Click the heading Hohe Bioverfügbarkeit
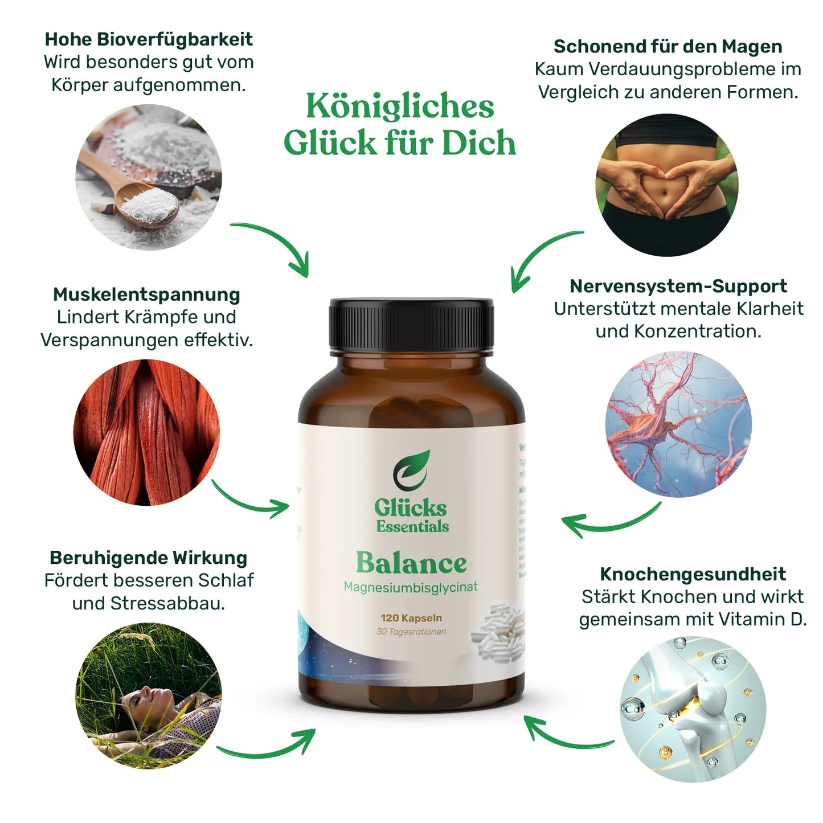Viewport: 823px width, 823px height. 149,39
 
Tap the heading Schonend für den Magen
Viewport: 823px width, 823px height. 668,47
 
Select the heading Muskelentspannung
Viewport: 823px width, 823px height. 146,294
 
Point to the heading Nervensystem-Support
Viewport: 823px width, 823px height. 678,286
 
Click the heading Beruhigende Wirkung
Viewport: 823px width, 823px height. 148,558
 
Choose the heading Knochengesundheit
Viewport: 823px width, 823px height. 693,574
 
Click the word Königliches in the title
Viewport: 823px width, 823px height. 400,107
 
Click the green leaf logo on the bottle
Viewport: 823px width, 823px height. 411,470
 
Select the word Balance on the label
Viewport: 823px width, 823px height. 411,563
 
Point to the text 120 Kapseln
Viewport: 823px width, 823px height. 411,618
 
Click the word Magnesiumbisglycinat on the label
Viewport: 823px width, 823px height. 411,587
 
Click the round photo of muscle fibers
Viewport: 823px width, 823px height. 146,432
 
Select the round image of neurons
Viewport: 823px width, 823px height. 678,424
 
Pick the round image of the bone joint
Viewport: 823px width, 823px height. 693,710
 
